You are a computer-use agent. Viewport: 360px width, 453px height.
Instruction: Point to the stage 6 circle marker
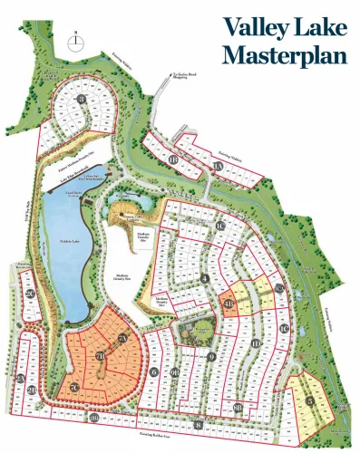[x=155, y=371]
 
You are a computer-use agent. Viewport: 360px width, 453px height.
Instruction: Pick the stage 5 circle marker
[x=310, y=400]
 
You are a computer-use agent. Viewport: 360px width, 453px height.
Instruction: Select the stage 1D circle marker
[x=257, y=343]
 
